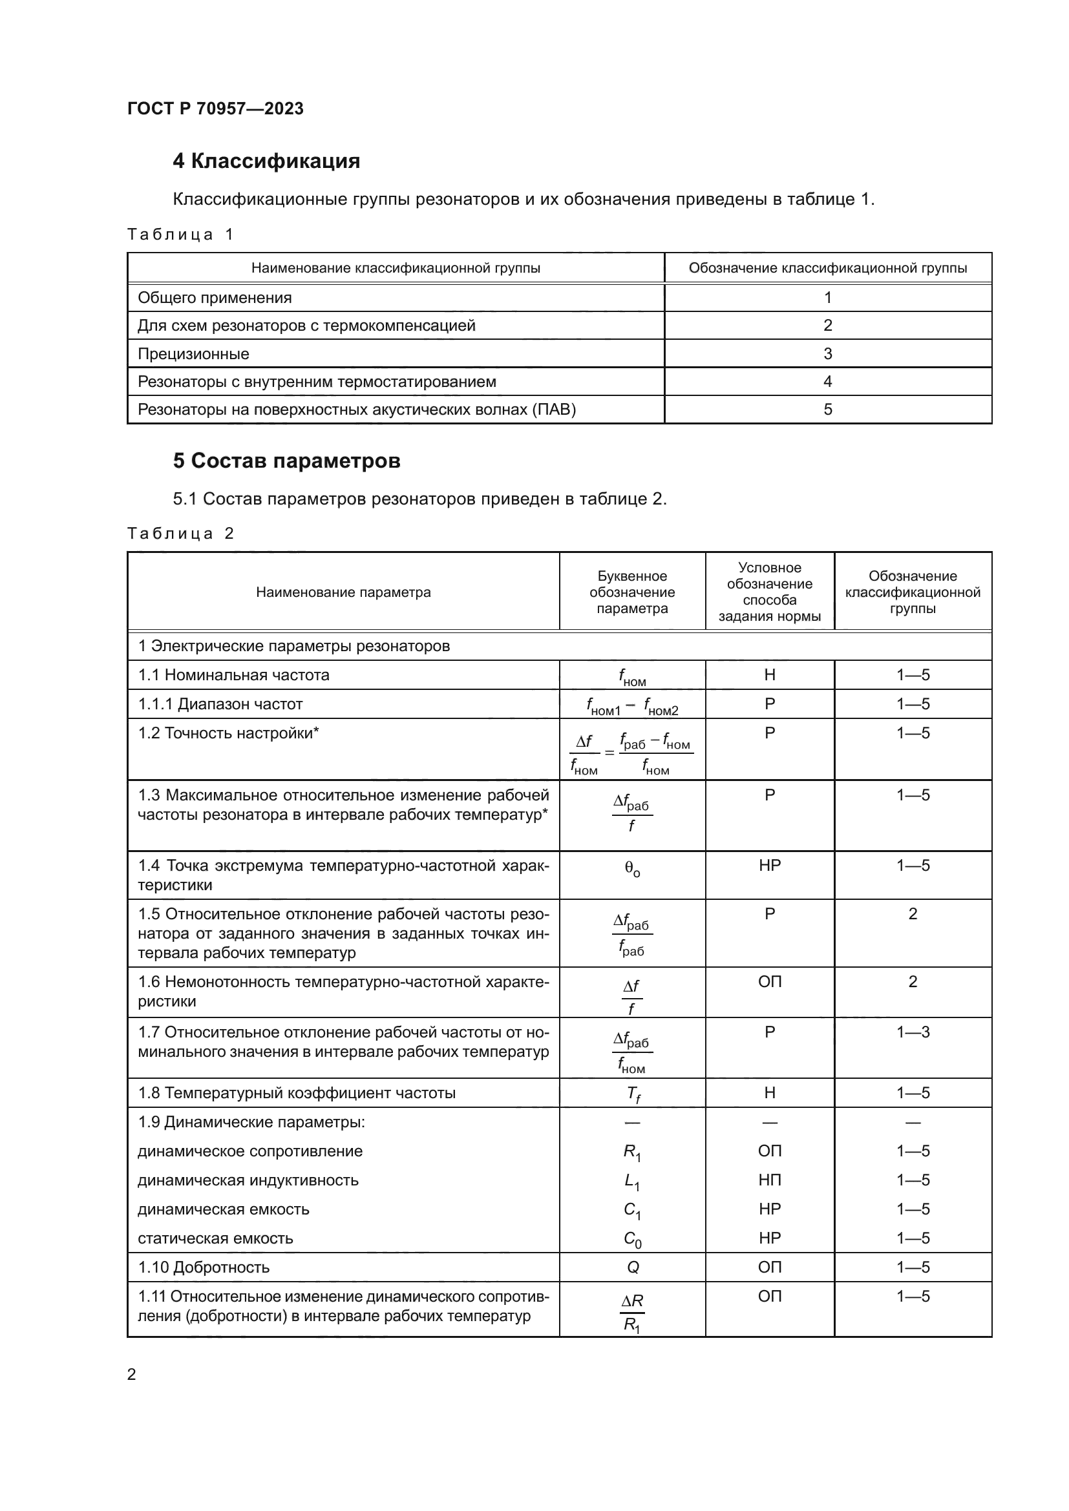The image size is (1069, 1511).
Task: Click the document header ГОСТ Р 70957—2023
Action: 215,109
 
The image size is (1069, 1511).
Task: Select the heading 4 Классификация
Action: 266,162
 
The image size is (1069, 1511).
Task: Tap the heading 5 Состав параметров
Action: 286,461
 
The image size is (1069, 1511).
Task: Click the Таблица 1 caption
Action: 180,234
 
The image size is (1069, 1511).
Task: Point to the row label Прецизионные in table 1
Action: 193,353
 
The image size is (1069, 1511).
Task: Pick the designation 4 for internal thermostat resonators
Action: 827,381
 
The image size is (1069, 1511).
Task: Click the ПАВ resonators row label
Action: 356,410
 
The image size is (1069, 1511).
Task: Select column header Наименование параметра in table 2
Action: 343,592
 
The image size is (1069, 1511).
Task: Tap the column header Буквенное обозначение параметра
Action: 632,592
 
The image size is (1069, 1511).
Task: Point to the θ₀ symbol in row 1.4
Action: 632,870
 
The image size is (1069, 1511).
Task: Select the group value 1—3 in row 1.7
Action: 913,1032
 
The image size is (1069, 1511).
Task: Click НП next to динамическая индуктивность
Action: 769,1180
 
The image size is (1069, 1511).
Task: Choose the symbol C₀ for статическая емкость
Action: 632,1239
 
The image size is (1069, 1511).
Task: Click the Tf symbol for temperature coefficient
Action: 633,1093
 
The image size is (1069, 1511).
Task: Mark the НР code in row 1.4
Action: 769,866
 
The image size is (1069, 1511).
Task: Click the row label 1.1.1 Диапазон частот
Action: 220,703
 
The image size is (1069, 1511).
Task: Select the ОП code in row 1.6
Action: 769,981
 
